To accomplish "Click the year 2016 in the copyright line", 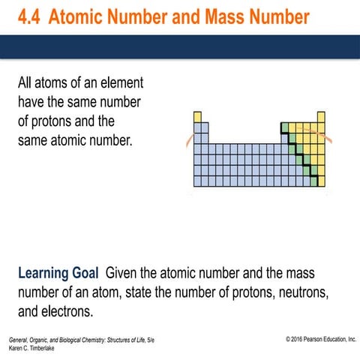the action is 298,340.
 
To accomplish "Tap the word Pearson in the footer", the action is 323,340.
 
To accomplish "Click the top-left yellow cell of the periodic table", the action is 197,117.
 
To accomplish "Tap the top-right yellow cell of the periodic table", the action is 321,117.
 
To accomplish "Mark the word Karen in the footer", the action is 13,349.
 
